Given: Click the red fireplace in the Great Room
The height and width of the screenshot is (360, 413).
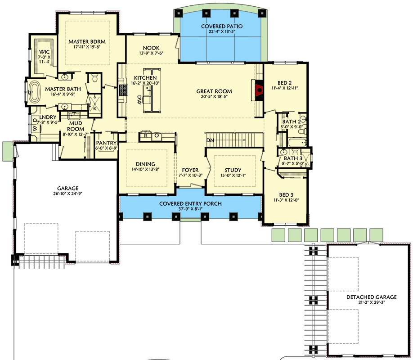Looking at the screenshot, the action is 260,90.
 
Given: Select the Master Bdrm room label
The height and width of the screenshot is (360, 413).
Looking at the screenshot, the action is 87,42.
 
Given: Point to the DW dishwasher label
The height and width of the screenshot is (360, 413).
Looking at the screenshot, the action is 139,100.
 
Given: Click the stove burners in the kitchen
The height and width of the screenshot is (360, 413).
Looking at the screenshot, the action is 123,90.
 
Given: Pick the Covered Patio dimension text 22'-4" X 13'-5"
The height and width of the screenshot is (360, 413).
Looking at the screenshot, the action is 222,31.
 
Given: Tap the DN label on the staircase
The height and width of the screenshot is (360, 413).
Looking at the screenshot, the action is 210,140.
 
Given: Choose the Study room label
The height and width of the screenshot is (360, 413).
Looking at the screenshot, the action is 233,170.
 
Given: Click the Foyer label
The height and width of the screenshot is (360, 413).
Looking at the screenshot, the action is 190,170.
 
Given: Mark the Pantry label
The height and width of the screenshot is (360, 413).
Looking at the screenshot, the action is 106,143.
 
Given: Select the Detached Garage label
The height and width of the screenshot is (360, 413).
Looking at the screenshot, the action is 371,297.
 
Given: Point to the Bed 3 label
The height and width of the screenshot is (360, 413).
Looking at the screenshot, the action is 286,195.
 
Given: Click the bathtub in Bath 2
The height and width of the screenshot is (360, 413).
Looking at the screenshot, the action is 297,143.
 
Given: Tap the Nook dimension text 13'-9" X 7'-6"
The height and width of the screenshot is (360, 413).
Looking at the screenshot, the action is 151,53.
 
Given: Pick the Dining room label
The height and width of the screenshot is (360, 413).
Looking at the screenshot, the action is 145,164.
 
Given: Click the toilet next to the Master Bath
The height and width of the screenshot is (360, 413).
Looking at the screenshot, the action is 95,78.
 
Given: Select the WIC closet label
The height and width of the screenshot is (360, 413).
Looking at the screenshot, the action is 44,52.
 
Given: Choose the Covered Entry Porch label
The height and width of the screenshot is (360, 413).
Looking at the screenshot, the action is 190,203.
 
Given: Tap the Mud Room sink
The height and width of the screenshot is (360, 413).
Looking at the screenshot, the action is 74,115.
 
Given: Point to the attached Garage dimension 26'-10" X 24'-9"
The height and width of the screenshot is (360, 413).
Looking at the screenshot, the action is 67,193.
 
